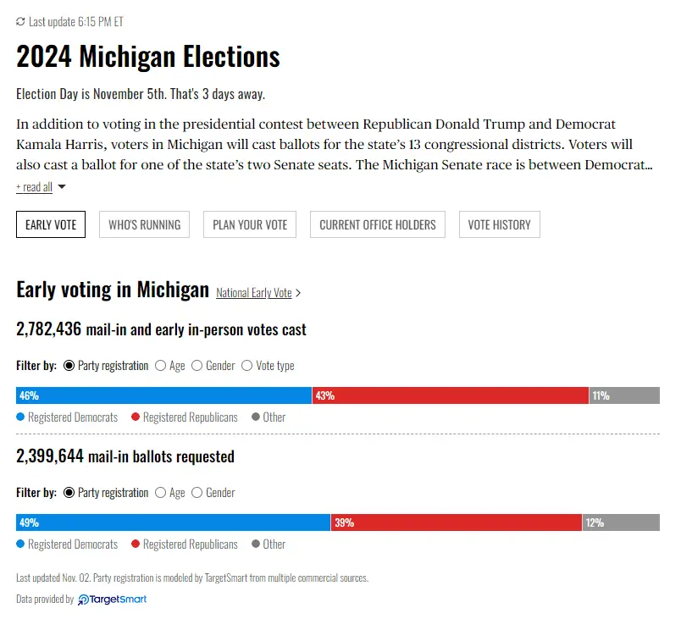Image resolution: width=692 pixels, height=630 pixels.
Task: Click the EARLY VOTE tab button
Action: tap(51, 224)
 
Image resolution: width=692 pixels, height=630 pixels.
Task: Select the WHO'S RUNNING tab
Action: tap(144, 224)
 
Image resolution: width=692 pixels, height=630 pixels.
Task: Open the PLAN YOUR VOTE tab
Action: tap(250, 224)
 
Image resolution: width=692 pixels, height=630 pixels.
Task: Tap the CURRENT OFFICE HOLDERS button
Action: tap(378, 224)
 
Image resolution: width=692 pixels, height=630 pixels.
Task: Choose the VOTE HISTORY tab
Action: tap(500, 224)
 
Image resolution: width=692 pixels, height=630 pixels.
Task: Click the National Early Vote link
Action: tap(254, 293)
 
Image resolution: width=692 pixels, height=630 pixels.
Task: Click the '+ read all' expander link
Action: tap(34, 187)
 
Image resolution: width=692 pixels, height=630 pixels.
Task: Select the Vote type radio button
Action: tap(247, 366)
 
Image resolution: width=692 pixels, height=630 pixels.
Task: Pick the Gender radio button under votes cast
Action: tap(197, 366)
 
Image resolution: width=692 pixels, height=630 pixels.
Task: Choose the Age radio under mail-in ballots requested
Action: tap(160, 493)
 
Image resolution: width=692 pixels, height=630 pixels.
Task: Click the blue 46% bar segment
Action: tap(163, 395)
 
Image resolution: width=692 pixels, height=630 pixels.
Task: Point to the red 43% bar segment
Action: tap(450, 395)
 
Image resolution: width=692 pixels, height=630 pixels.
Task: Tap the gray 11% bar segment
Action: tap(624, 395)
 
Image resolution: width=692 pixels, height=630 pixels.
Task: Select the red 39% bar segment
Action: tap(456, 522)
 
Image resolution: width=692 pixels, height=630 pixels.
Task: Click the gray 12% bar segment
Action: tap(621, 522)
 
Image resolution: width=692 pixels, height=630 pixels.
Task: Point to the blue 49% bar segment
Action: tap(173, 522)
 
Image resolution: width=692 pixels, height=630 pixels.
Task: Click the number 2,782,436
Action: tap(49, 329)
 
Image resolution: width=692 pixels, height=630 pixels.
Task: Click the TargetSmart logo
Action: tap(113, 600)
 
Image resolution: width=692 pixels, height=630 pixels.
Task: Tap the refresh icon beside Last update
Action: tap(21, 21)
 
